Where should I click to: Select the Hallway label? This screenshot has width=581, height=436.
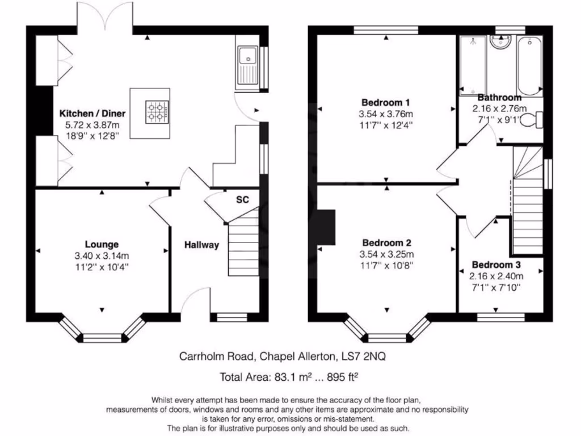201,245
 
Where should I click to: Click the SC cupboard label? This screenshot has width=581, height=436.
243,200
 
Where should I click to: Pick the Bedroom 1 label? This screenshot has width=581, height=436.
386,102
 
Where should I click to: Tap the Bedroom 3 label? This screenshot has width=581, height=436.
496,265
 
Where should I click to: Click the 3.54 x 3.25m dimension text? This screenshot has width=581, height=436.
386,254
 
